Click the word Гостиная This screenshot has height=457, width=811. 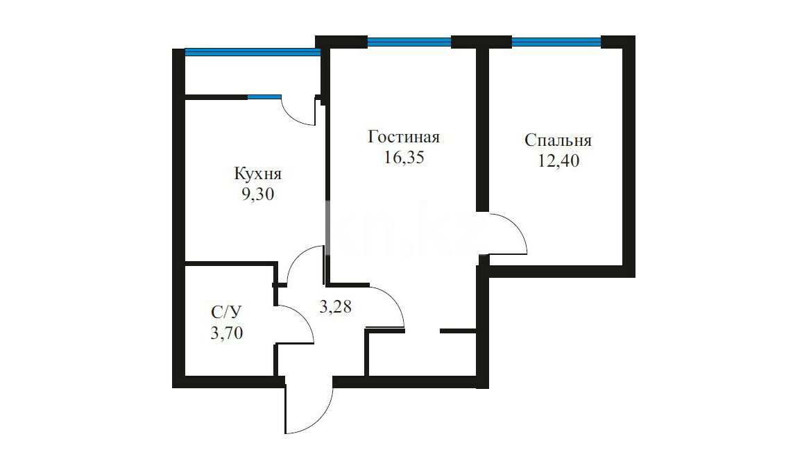[404, 137]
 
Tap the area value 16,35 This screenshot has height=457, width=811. [404, 157]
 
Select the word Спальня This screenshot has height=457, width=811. [558, 140]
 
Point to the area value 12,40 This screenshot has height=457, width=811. [558, 160]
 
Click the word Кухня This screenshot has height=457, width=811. [257, 174]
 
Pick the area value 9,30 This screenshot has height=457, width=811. [257, 194]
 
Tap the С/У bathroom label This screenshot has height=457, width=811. [227, 312]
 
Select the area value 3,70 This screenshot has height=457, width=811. [227, 333]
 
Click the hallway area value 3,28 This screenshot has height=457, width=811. [335, 307]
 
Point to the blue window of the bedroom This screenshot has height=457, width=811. [556, 42]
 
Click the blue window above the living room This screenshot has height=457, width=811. [409, 42]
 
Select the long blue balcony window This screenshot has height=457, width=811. [253, 51]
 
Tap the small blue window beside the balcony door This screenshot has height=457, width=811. [264, 97]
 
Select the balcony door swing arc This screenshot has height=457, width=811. [293, 117]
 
